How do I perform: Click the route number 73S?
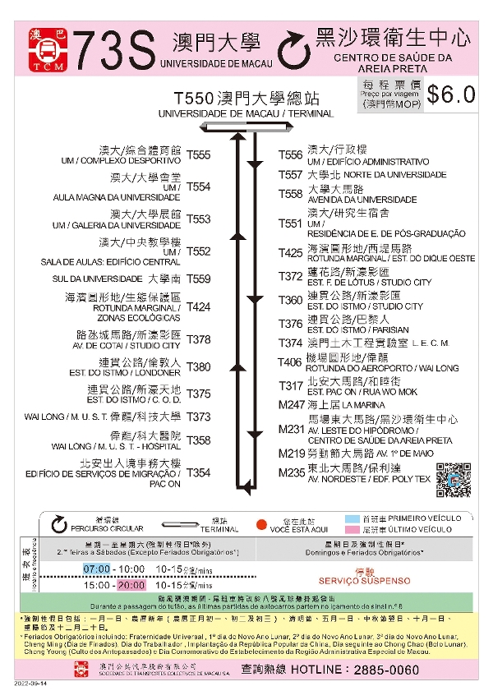pyautogui.click(x=113, y=52)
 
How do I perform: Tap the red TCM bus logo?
pyautogui.click(x=44, y=52)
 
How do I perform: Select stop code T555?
pyautogui.click(x=198, y=154)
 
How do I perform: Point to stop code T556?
pyautogui.click(x=290, y=154)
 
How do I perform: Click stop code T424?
pyautogui.click(x=198, y=306)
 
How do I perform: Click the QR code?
pyautogui.click(x=454, y=481)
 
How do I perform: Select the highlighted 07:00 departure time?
pyautogui.click(x=96, y=569)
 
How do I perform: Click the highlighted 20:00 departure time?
pyautogui.click(x=131, y=586)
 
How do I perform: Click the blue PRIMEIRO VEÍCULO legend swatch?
pyautogui.click(x=352, y=518)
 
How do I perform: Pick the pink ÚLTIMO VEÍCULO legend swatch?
pyautogui.click(x=352, y=530)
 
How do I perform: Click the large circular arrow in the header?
pyautogui.click(x=292, y=50)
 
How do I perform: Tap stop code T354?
pyautogui.click(x=198, y=472)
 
